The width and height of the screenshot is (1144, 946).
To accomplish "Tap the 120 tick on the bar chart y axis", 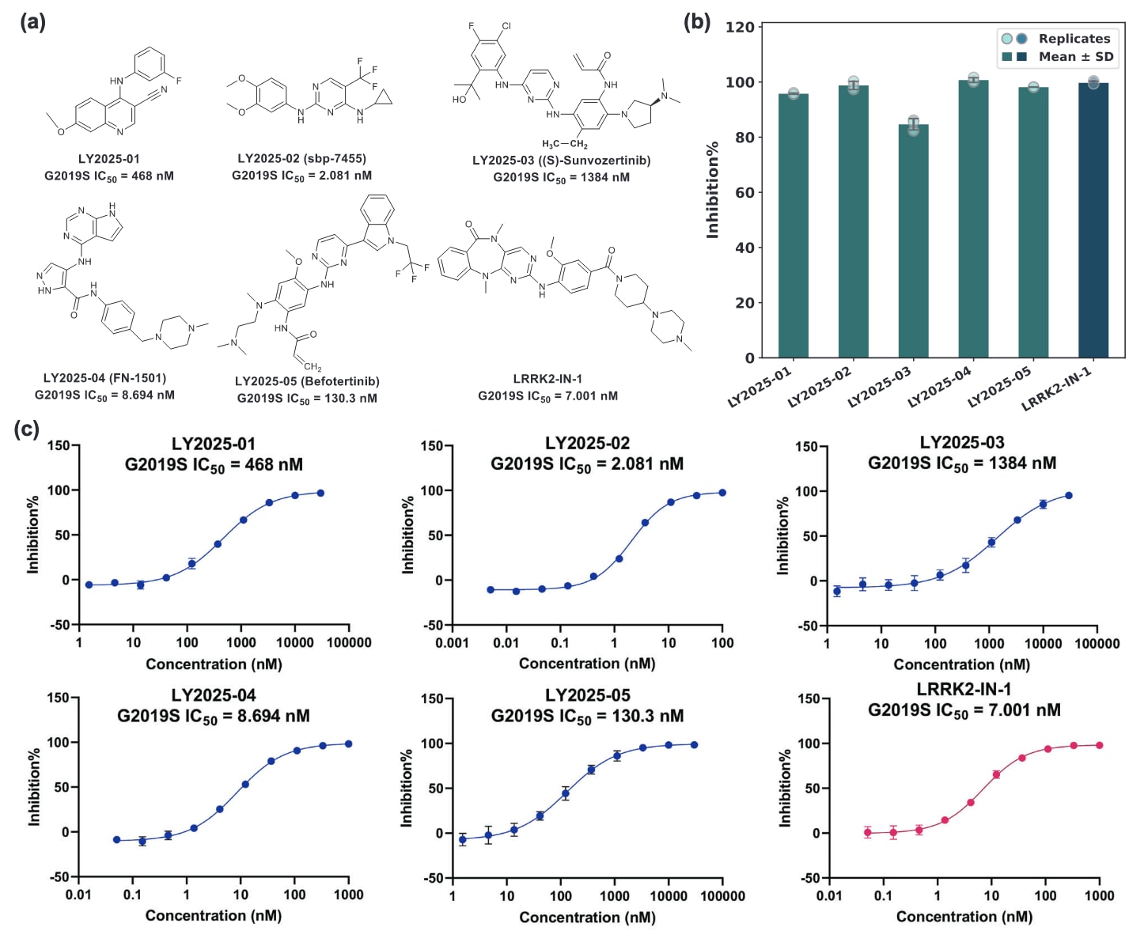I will point(740,27).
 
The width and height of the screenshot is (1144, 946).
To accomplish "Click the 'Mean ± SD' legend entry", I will point(1075,57).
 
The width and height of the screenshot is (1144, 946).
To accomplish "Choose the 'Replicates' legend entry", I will point(1074,38).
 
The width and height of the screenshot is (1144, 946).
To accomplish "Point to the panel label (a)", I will point(32,22).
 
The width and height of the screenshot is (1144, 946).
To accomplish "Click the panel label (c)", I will point(27,429).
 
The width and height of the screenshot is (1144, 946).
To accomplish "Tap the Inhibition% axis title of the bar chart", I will point(713,190).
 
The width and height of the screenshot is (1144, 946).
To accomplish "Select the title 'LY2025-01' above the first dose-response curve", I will point(214,444).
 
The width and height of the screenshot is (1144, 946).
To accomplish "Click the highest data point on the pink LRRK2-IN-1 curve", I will point(1099,745).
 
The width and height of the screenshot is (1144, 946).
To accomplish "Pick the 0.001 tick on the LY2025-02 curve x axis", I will point(452,642).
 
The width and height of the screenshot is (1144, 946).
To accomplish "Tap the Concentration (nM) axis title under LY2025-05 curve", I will point(587,917).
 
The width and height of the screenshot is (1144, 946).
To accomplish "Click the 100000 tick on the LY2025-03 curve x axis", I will point(1097,643).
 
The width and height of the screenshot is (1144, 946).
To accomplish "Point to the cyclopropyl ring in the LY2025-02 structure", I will point(384,97).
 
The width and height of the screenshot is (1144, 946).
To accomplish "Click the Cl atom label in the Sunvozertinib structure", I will point(506,26).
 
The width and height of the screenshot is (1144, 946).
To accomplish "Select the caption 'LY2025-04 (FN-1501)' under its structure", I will point(104,378).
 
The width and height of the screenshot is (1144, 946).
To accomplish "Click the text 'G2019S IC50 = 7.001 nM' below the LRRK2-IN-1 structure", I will point(547,395).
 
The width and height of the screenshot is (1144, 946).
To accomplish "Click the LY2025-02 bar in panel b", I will point(853,221).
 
